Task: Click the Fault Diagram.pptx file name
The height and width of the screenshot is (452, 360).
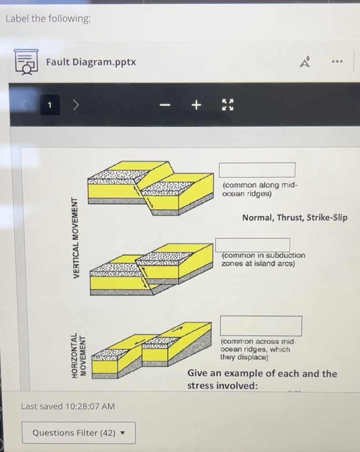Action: coord(91,62)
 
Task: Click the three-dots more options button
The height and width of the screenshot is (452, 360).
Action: coord(337,62)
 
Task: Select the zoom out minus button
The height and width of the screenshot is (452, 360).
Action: coord(165,105)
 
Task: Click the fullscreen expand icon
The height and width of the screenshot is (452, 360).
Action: coord(228,105)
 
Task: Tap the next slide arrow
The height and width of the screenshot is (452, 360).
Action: coord(76,105)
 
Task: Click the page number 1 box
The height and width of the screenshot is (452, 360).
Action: coord(50,105)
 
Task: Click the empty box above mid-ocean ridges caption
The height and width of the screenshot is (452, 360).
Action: coord(257,170)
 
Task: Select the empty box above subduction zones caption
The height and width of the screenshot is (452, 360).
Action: coord(253,245)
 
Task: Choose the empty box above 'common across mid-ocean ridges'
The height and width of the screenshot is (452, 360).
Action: coord(261,326)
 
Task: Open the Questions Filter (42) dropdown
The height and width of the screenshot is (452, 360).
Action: coord(78,433)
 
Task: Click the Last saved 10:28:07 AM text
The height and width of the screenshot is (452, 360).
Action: coord(68,406)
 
